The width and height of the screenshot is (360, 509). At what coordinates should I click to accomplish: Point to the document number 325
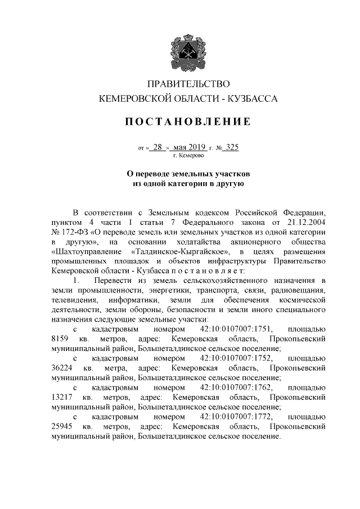pos(231,147)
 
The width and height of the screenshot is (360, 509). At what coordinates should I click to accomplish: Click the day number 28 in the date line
pos(157,147)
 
